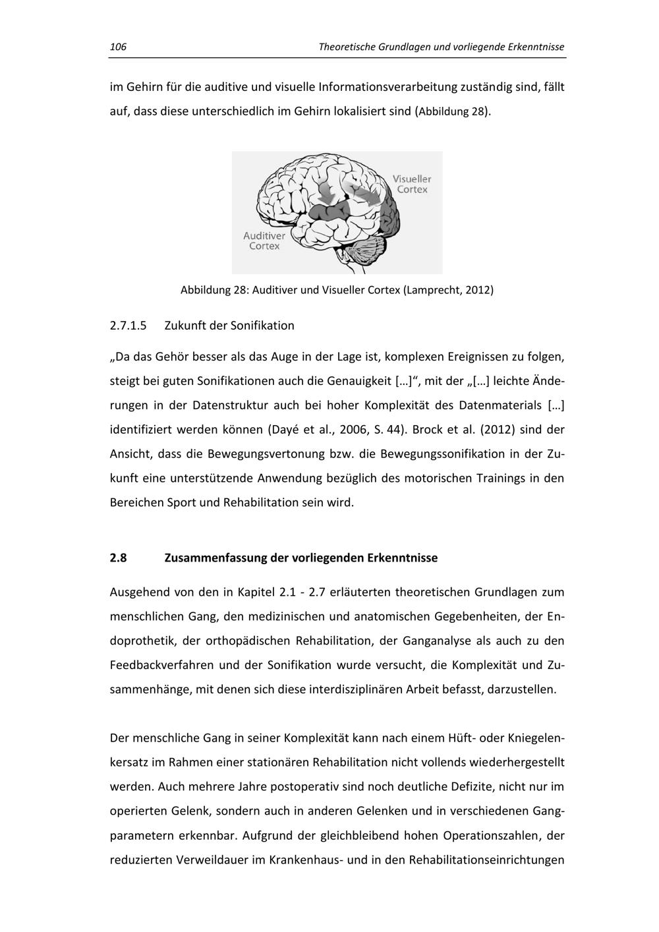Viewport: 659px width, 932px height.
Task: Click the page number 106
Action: click(118, 47)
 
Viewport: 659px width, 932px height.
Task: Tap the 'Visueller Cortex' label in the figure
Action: click(412, 184)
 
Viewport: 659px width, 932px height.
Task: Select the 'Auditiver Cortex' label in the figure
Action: click(264, 241)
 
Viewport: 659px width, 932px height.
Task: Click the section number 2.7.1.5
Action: click(127, 326)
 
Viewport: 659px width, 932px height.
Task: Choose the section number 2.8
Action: click(118, 558)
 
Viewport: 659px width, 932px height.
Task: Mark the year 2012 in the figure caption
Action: click(478, 290)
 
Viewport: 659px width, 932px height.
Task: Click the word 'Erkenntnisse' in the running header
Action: click(535, 47)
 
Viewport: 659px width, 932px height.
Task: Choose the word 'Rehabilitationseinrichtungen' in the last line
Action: click(486, 860)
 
